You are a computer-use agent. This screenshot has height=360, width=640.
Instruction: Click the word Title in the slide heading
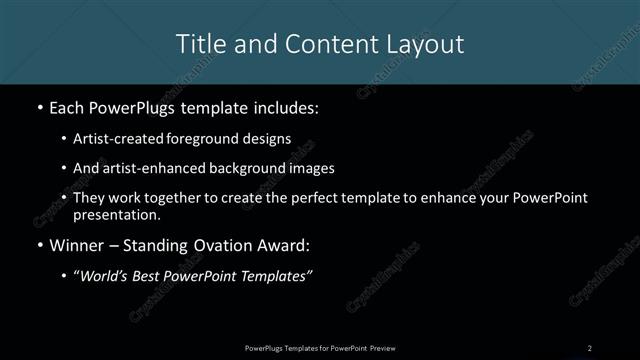point(199,44)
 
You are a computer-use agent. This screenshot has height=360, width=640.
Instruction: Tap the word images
point(333,168)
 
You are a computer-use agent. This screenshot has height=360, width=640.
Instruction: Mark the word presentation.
point(117,214)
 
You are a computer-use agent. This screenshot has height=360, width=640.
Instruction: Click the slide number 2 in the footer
point(589,347)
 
